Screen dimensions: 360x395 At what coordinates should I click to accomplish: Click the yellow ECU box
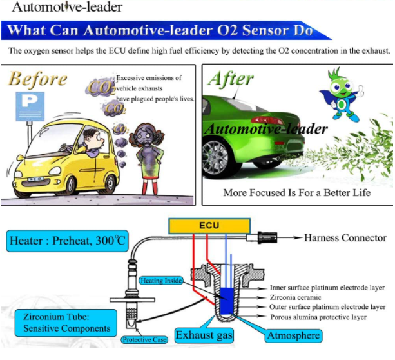[x=210, y=226]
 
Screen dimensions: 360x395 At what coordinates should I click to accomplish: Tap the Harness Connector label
[x=345, y=238]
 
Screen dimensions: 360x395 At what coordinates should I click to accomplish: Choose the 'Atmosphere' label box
[x=293, y=335]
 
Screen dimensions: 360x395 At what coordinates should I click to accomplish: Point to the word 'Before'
[x=37, y=79]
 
